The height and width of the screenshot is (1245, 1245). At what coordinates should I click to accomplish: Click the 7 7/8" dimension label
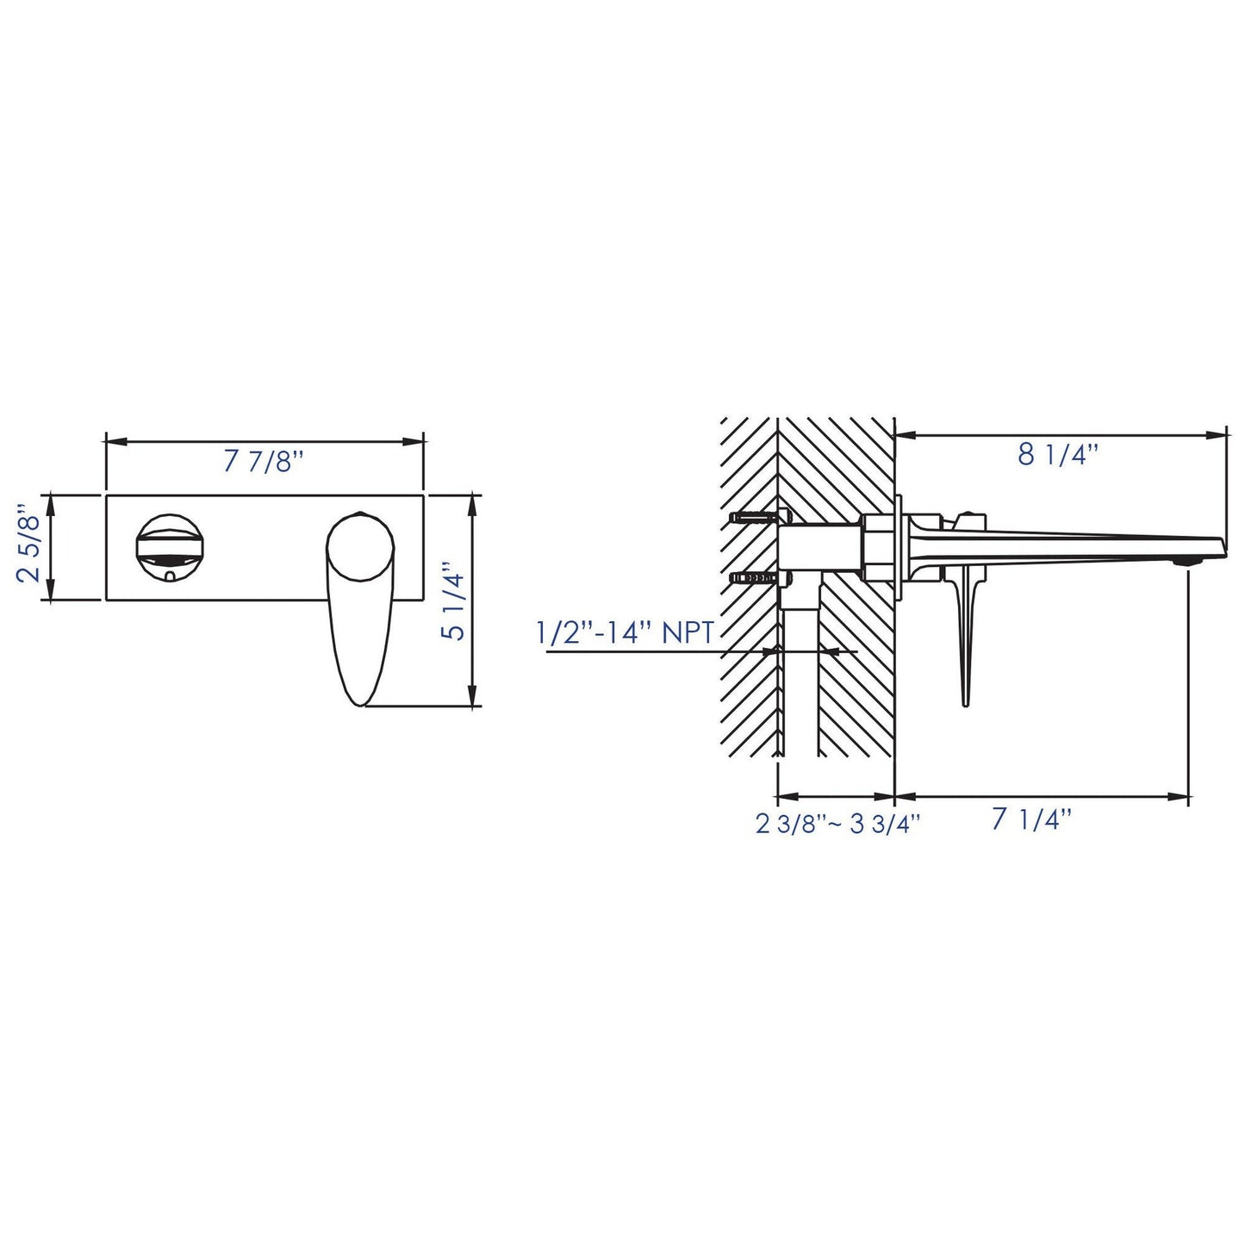coord(262,461)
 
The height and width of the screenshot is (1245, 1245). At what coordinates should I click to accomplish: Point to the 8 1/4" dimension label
coord(1058,455)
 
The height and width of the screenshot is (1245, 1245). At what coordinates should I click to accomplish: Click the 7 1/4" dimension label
coord(1032,819)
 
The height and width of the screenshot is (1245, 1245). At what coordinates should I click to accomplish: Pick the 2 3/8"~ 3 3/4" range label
coord(837,824)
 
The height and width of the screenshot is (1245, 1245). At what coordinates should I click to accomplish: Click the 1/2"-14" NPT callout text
coord(625,632)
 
